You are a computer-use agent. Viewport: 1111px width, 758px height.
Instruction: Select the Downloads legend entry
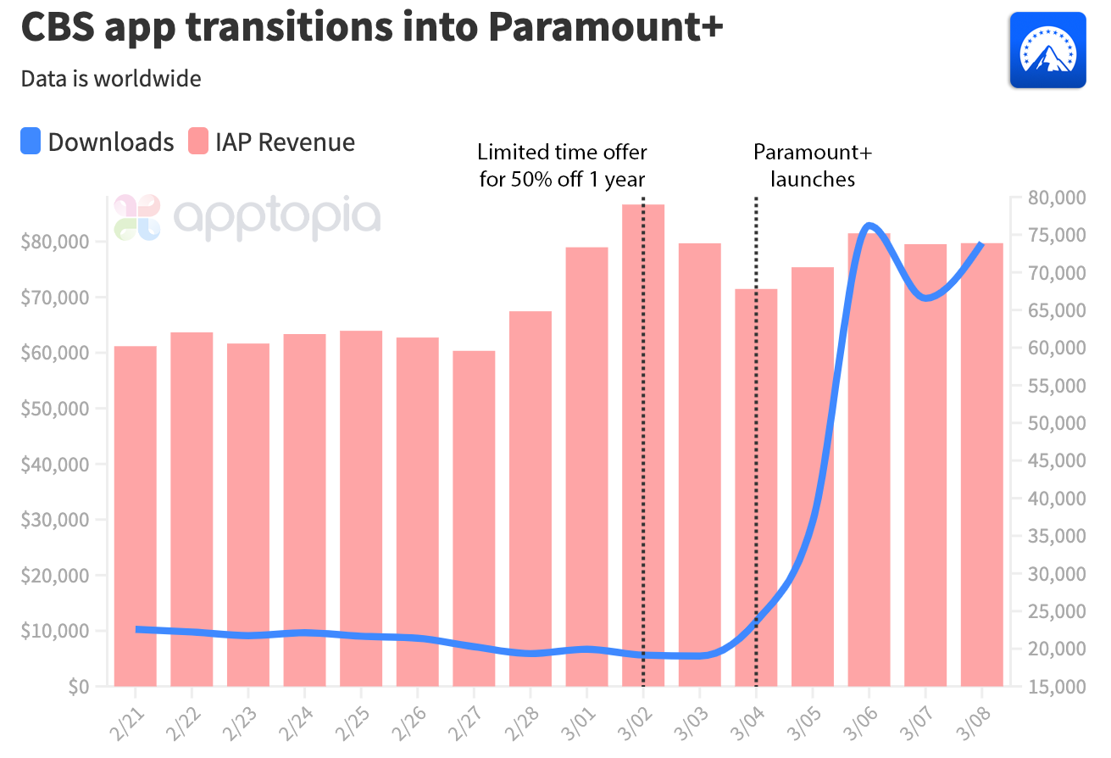tap(97, 142)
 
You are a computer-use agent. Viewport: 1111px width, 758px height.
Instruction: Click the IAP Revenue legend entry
tap(271, 142)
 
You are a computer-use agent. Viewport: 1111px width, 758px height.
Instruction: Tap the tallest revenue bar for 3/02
tap(643, 441)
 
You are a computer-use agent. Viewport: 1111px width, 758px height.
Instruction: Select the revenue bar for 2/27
tap(474, 517)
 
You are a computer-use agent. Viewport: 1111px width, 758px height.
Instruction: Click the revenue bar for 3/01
tap(586, 466)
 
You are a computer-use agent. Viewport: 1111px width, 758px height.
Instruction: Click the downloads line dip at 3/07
tap(925, 298)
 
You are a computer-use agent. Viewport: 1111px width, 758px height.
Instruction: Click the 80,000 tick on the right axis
tap(1050, 198)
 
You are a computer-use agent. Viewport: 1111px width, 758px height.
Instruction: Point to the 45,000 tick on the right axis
tap(1050, 461)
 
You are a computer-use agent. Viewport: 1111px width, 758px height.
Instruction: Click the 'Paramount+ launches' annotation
tap(812, 166)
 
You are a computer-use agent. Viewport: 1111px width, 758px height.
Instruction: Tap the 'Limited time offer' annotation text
tap(562, 166)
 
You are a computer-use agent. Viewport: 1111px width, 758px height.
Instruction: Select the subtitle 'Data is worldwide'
tap(111, 79)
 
